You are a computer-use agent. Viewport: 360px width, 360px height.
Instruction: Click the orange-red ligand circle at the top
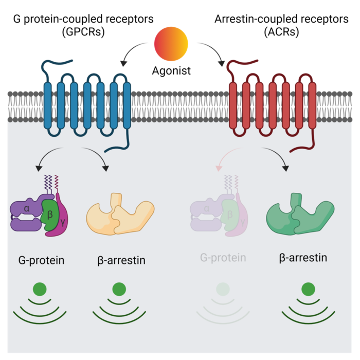click(171, 44)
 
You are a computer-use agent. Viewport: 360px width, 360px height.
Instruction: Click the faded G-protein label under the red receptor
click(223, 258)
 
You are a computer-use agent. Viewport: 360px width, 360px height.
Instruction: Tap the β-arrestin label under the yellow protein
click(121, 260)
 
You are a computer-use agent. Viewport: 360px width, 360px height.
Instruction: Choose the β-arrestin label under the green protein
click(303, 258)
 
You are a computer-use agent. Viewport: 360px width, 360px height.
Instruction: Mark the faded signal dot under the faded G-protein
click(223, 289)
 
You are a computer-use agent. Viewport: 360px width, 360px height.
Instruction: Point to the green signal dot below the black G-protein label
click(40, 289)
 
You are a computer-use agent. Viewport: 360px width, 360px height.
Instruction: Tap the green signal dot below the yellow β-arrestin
click(119, 289)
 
